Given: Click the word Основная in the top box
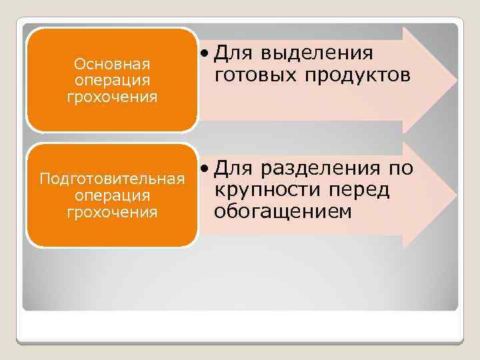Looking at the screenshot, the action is point(112,65).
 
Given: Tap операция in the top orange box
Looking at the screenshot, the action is point(112,81).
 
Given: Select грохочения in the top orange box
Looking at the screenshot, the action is point(112,97).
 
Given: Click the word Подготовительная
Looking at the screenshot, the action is point(112,179).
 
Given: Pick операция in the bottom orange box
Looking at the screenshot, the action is point(112,196).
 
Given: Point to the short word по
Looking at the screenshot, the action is point(401,167).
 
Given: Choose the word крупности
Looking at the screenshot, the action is point(267,189).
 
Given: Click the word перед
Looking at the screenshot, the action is point(359,189).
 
